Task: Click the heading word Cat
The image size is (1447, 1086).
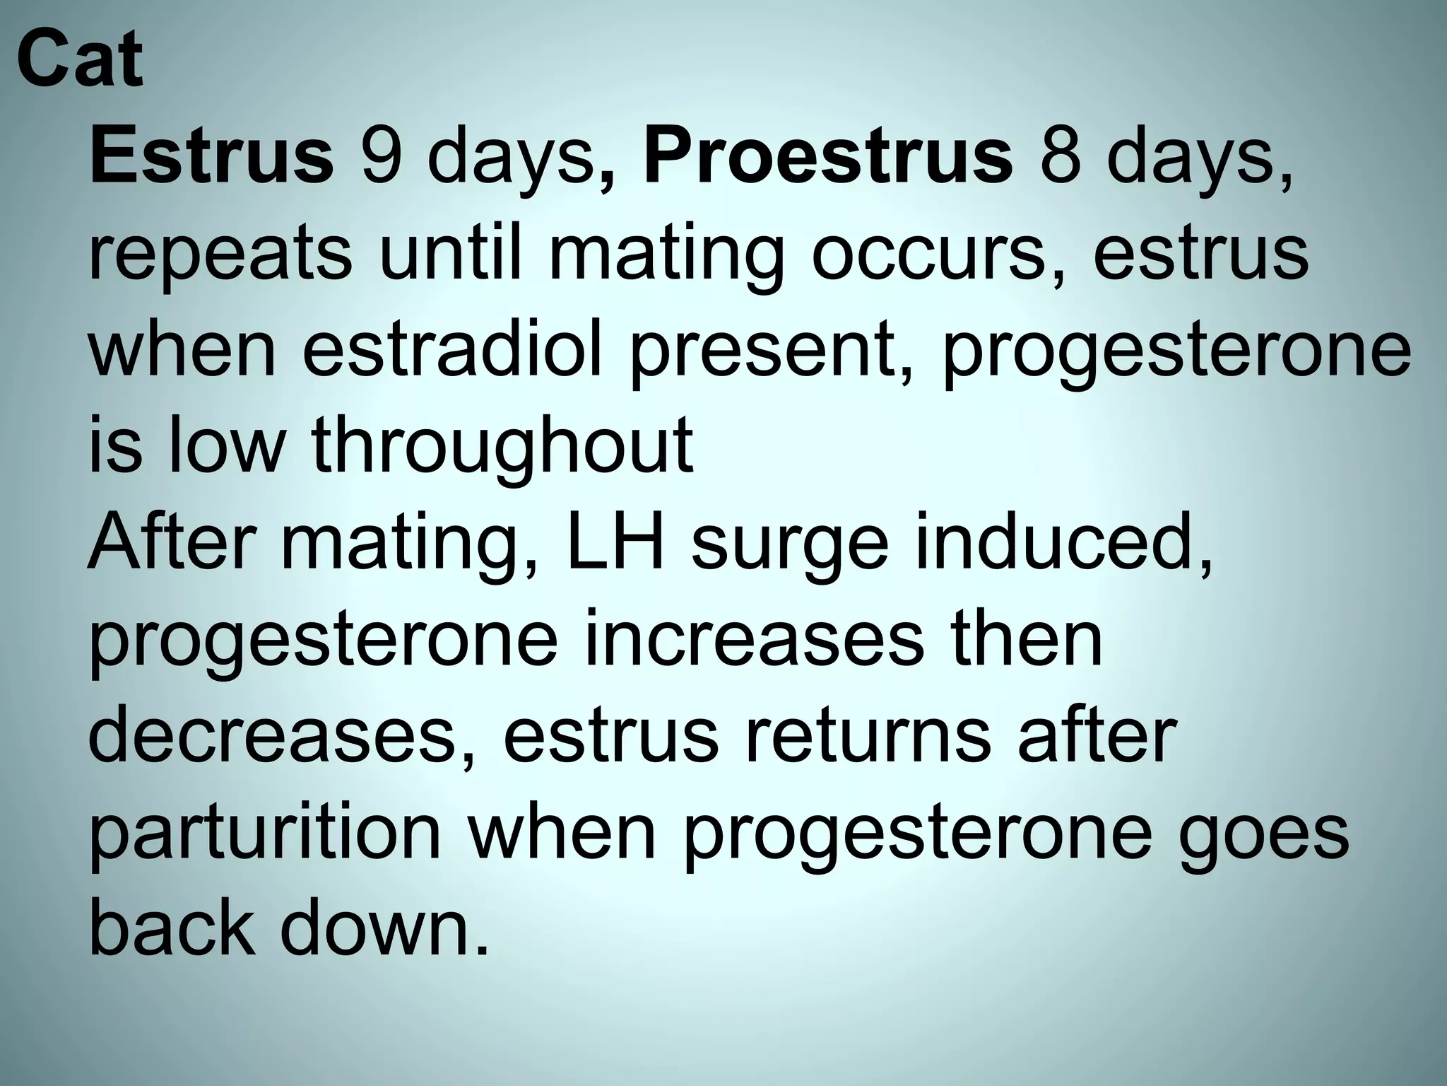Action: [x=80, y=60]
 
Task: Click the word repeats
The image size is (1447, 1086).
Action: [x=220, y=255]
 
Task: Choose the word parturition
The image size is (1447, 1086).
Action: [x=265, y=834]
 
